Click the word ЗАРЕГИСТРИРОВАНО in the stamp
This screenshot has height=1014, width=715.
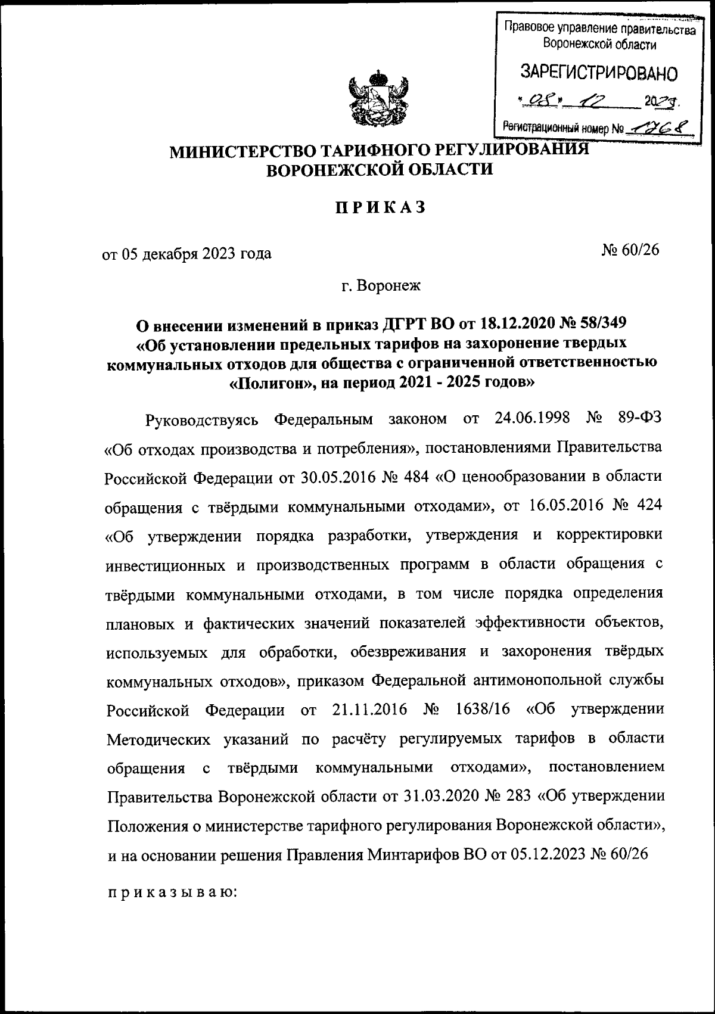click(599, 73)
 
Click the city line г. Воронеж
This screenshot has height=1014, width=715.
click(381, 285)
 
